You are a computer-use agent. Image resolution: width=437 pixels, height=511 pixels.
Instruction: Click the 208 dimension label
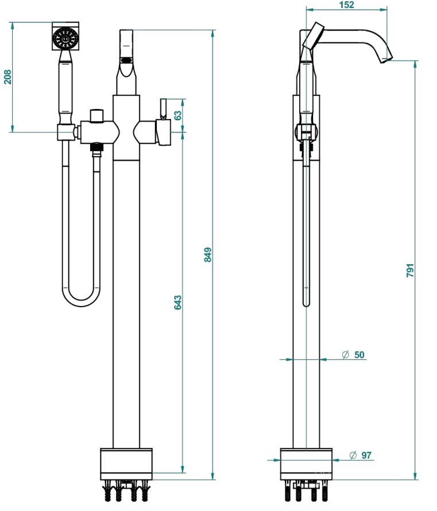[x=7, y=76]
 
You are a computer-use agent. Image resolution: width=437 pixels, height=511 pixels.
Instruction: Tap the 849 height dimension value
[x=207, y=254]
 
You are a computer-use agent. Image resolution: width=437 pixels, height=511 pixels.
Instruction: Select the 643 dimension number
[x=177, y=302]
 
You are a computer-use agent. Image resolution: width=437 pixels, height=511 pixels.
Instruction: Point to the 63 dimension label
[x=178, y=115]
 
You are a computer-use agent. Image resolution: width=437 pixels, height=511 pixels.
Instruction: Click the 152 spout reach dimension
[x=346, y=5]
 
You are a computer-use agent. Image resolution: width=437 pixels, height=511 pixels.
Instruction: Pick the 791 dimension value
[x=410, y=270]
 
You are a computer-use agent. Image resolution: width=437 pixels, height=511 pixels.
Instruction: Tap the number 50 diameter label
[x=359, y=355]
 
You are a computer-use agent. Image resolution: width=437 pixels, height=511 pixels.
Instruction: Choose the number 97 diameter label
[x=366, y=455]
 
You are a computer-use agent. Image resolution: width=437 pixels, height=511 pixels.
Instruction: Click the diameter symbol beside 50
[x=346, y=355]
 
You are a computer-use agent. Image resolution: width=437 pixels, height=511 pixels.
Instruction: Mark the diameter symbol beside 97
[x=353, y=455]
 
